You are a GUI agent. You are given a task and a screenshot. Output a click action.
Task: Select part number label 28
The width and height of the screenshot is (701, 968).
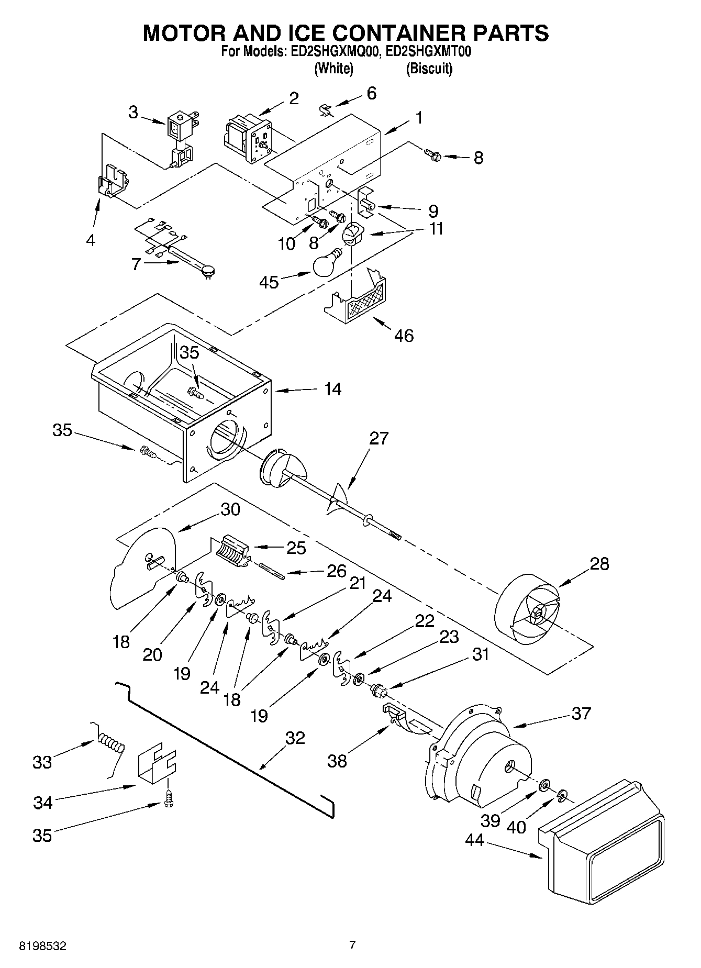599,564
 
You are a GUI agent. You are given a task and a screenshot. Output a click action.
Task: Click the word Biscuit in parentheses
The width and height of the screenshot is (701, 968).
429,69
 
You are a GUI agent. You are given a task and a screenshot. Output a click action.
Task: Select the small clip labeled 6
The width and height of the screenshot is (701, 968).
325,109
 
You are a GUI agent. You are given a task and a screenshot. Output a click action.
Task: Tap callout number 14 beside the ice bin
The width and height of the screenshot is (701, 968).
332,389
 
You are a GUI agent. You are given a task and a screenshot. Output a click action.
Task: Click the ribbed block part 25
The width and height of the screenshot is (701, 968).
230,551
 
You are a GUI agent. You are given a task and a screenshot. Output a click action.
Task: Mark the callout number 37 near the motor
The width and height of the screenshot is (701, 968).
581,713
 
